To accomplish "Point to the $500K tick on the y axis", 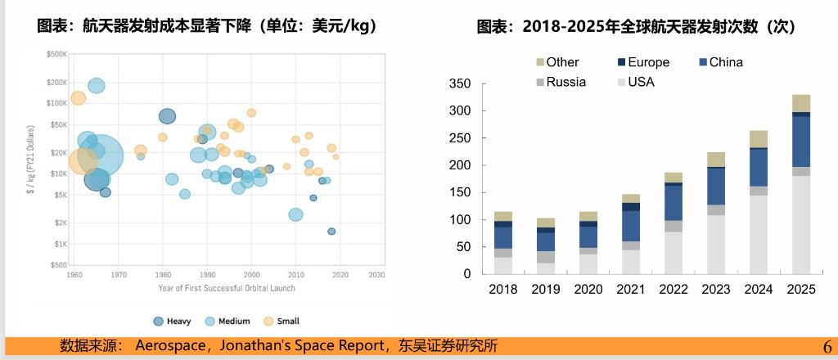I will tap(56, 54).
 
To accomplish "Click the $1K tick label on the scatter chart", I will tap(60, 244).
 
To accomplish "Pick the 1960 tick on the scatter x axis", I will tap(74, 275).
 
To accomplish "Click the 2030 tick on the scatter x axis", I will tap(376, 275).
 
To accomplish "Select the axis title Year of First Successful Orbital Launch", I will tap(227, 288).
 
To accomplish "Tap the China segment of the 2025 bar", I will tap(801, 142).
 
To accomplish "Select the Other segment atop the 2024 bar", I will tap(759, 139).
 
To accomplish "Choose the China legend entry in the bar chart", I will tap(725, 62).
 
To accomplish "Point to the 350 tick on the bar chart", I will tap(460, 83).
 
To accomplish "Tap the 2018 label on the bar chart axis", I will tap(503, 289).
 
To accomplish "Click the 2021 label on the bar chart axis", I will tap(631, 289).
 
